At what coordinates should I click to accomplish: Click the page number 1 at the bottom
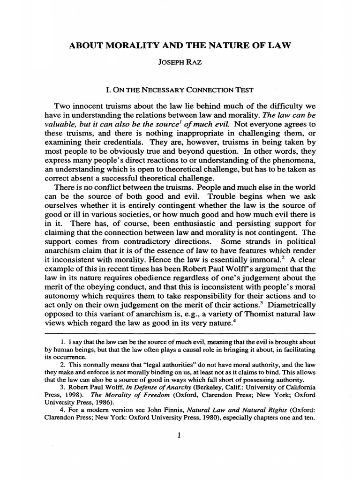[180, 435]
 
